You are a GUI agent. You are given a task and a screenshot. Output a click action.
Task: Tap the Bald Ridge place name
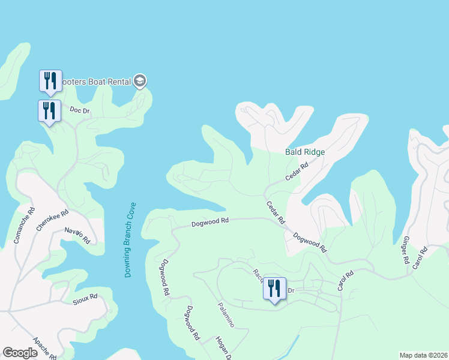(304, 152)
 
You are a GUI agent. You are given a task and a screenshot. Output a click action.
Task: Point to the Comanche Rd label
(25, 225)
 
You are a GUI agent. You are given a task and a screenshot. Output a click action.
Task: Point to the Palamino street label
(225, 314)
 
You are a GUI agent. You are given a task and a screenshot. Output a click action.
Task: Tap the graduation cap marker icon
(140, 80)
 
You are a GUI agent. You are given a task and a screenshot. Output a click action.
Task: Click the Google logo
(20, 353)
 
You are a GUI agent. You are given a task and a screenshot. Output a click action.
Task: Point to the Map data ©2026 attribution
(423, 355)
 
